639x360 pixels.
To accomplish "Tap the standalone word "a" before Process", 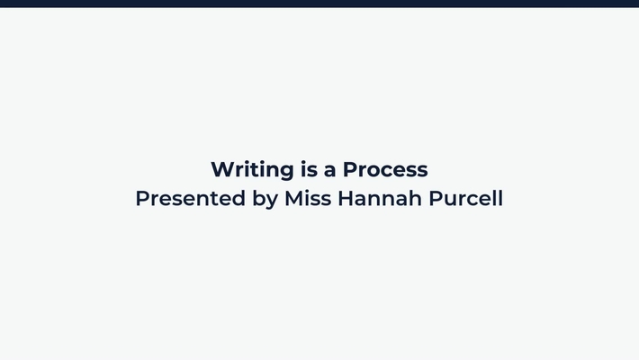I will tap(329, 170).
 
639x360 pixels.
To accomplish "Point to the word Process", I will tap(385, 169).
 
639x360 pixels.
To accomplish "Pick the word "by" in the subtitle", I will tap(265, 199).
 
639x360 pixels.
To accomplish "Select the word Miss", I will tap(308, 198).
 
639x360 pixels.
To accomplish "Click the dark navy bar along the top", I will tap(319, 3).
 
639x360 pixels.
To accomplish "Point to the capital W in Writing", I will tap(221, 169).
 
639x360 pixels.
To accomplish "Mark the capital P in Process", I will tap(349, 169).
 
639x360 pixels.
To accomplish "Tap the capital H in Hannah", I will tap(346, 198).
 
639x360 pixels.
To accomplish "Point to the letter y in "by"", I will tap(272, 201).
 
